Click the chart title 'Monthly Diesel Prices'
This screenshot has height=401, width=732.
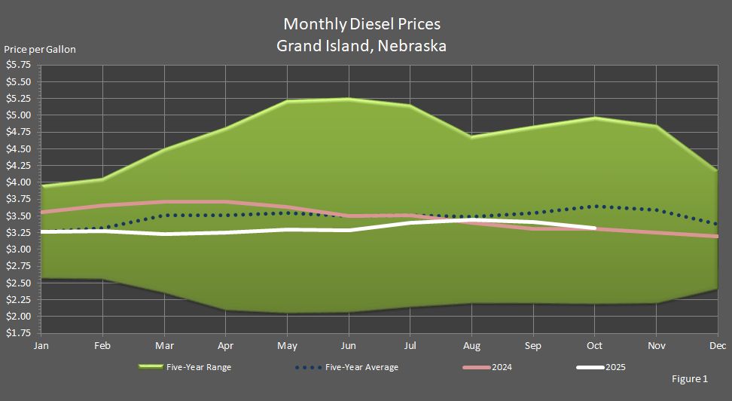[361, 24]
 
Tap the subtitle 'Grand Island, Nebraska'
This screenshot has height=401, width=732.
[361, 45]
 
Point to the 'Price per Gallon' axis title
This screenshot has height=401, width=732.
[40, 50]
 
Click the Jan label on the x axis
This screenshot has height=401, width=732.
[41, 346]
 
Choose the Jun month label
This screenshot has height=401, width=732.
[348, 346]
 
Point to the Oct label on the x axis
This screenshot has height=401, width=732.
[594, 346]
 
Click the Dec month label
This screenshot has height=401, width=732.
[716, 346]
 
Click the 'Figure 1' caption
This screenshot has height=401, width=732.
[689, 379]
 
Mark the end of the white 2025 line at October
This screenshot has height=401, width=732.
[594, 228]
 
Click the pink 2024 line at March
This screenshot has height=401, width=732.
[164, 201]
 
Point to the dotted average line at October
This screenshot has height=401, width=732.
[594, 207]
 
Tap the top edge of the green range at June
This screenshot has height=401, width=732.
[348, 99]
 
